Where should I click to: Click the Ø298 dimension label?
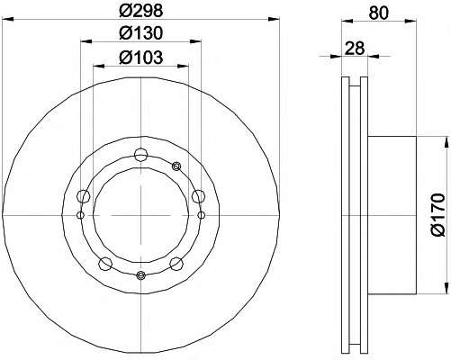point(140,11)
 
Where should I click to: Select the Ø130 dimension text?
point(140,33)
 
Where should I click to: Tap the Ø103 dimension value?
point(140,57)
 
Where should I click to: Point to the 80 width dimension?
point(379,13)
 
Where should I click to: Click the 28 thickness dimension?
point(355,48)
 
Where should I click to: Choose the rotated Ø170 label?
point(438,215)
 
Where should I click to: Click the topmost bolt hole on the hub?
point(140,155)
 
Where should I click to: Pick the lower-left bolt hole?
point(105,264)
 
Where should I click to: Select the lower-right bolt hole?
point(176,264)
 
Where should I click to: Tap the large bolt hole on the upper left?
point(84,196)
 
